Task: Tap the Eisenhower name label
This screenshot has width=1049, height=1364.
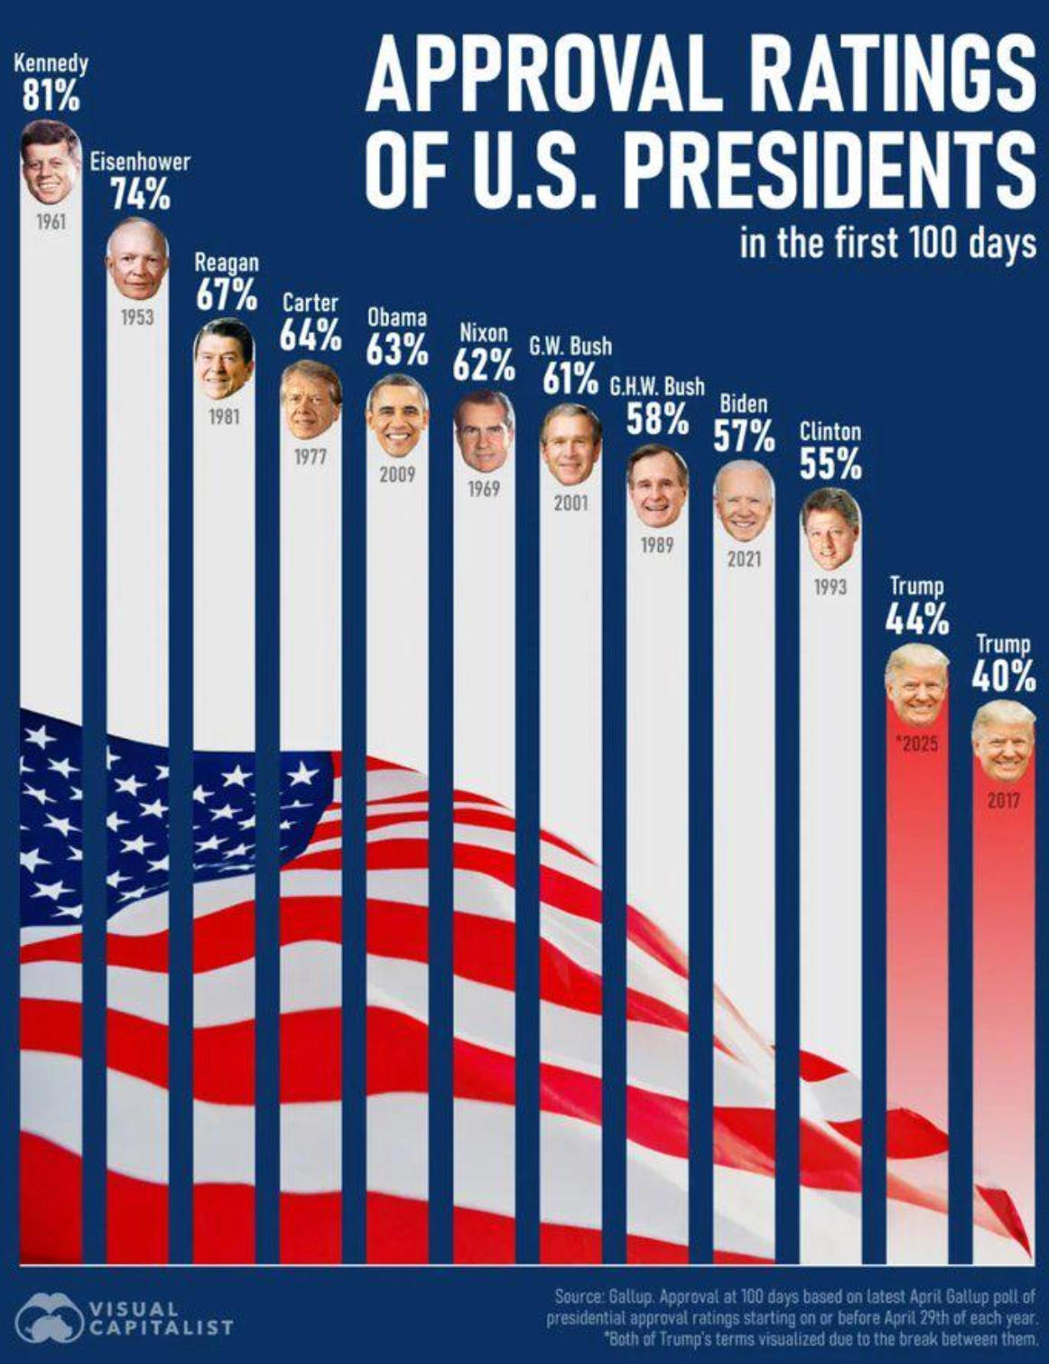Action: click(x=140, y=162)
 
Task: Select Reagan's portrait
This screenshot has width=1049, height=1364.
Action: click(x=224, y=359)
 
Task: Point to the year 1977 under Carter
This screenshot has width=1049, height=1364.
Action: click(x=310, y=458)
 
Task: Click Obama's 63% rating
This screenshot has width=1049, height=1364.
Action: click(x=397, y=350)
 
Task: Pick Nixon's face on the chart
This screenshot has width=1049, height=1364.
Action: click(x=484, y=431)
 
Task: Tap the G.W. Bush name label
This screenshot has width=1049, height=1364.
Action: click(x=570, y=346)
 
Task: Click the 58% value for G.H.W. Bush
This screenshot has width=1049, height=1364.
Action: click(x=658, y=418)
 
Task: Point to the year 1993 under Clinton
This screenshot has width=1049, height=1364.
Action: click(x=831, y=587)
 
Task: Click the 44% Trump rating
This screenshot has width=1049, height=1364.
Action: click(x=916, y=620)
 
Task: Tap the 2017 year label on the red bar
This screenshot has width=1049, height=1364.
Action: click(x=1003, y=800)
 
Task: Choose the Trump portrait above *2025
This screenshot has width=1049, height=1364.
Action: click(x=916, y=687)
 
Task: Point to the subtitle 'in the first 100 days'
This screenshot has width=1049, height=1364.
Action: click(x=887, y=243)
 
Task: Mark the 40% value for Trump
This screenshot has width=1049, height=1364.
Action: click(x=1003, y=677)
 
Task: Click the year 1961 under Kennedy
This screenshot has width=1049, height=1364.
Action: click(x=51, y=220)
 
